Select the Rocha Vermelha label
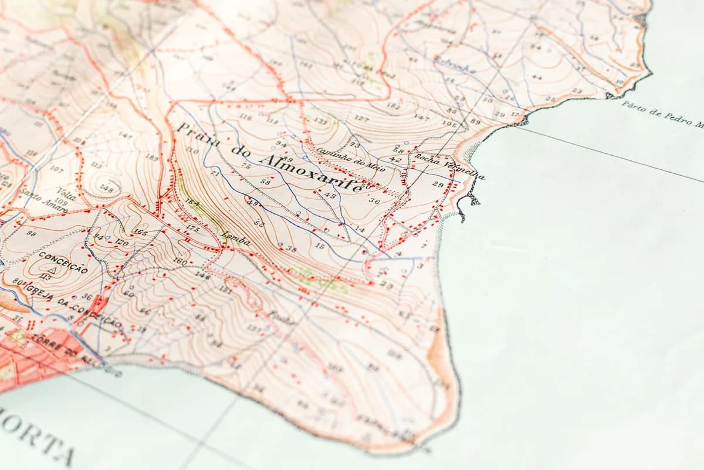click(x=449, y=167)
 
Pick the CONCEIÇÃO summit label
click(x=63, y=262)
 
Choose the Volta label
click(x=66, y=192)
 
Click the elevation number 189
click(x=151, y=157)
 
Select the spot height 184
click(x=192, y=203)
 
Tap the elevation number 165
click(x=140, y=233)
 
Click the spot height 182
click(x=393, y=106)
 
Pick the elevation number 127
click(x=361, y=119)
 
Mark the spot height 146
click(x=202, y=274)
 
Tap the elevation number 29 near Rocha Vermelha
click(x=438, y=184)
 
